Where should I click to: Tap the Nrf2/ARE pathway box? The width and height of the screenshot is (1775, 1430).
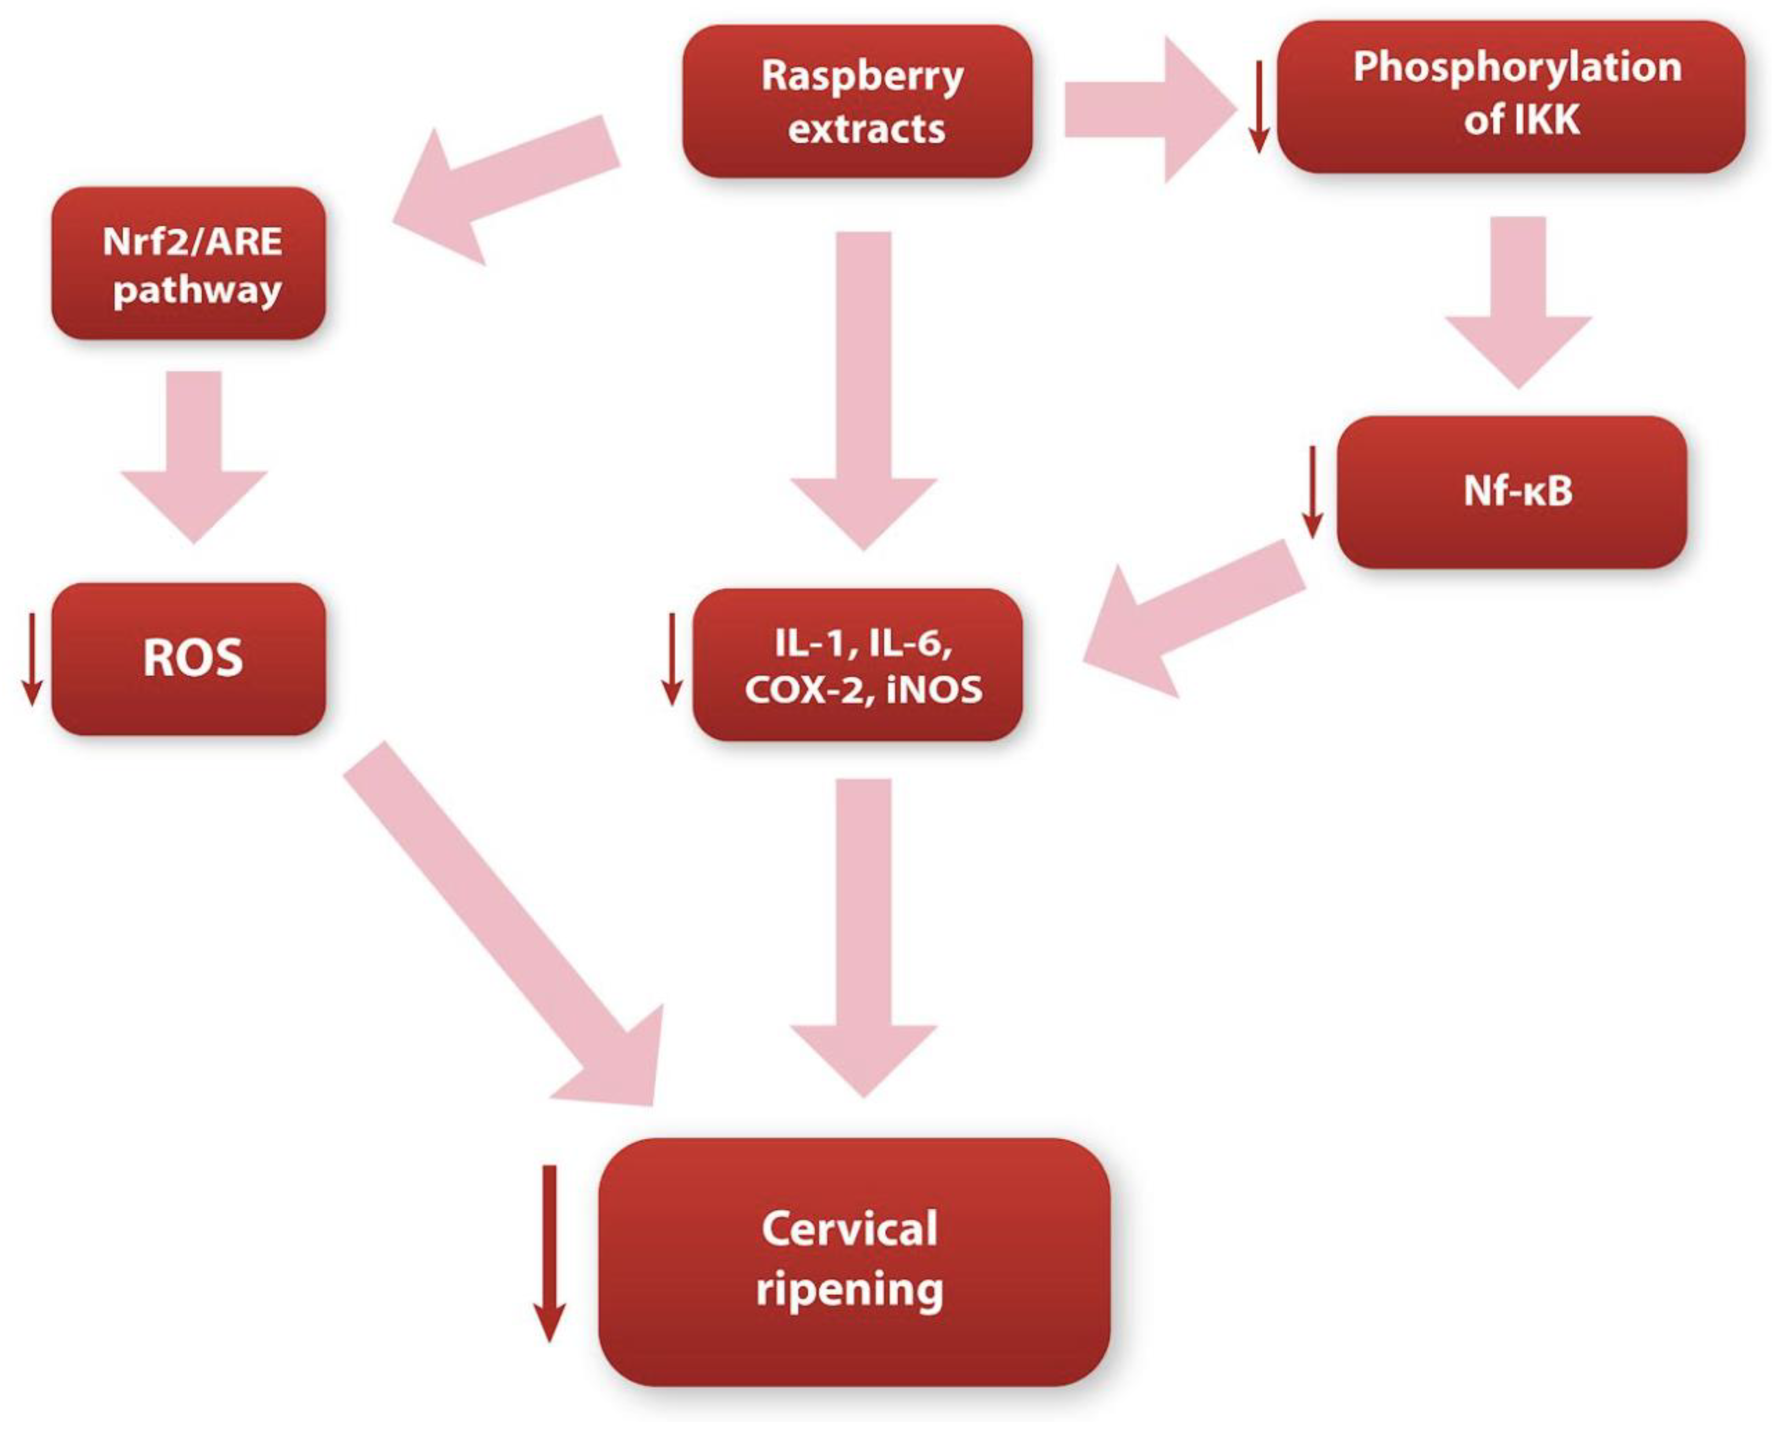188,263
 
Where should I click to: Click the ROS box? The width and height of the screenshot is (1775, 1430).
188,659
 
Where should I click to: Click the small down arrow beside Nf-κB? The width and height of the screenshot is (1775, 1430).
1312,492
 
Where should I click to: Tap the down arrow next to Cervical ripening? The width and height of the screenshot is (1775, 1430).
549,1252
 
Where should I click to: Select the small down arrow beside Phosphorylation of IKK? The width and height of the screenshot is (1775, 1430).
1258,107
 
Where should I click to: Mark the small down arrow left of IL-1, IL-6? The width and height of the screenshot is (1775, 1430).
672,659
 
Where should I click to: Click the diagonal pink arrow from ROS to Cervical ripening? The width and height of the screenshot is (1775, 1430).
510,931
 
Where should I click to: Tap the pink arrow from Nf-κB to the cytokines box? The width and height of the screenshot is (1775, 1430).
1194,618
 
